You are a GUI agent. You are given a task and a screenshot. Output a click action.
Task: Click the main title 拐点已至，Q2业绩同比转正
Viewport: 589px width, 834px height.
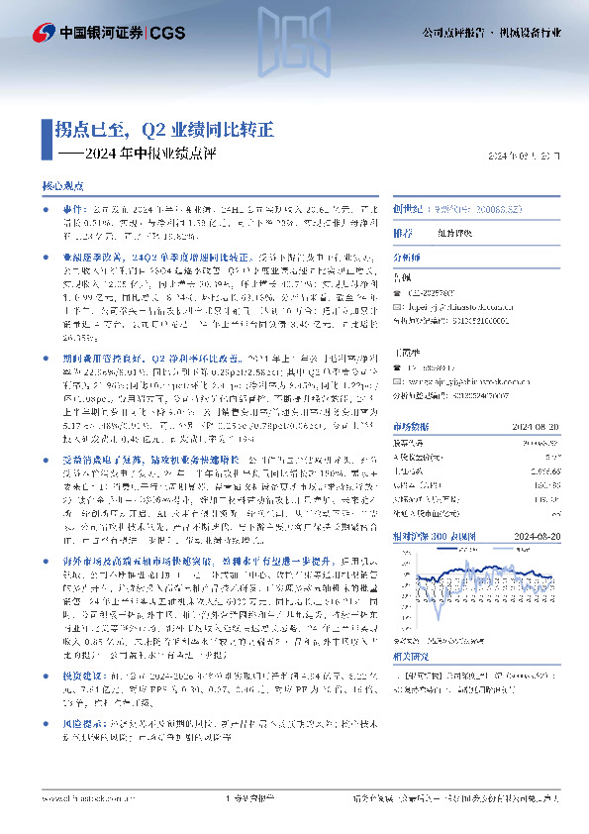(x=163, y=130)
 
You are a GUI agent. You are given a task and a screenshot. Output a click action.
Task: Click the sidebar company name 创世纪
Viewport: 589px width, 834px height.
(x=406, y=211)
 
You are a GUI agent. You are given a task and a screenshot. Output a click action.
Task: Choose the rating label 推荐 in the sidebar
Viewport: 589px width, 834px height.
(x=403, y=234)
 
